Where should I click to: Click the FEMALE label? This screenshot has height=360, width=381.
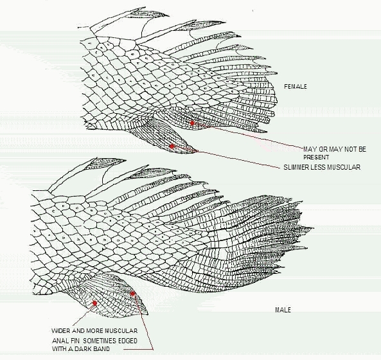click(x=296, y=87)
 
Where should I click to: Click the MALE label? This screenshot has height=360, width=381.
click(x=283, y=310)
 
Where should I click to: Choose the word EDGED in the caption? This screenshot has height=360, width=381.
click(x=128, y=341)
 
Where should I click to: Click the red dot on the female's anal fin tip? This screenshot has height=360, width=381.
click(x=172, y=147)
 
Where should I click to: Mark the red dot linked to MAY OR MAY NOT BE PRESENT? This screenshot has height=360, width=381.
click(x=192, y=123)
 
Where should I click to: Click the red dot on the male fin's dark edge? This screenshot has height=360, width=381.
click(x=132, y=294)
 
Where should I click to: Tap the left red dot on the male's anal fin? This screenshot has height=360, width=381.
click(x=94, y=303)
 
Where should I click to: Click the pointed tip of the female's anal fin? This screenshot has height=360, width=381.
click(x=198, y=151)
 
